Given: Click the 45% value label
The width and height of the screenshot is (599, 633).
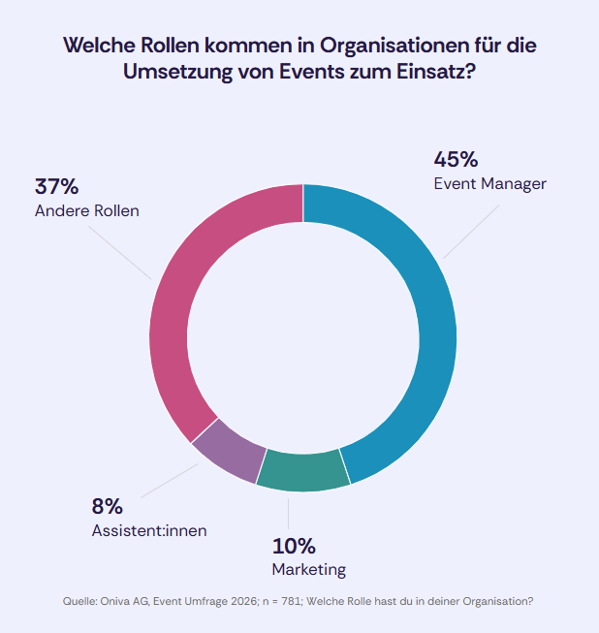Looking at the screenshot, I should click(x=456, y=159).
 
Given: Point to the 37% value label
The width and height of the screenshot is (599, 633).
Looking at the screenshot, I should click(x=56, y=186).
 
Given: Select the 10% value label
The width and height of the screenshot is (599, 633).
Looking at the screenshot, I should click(x=294, y=545).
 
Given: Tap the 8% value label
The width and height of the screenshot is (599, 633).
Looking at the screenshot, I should click(x=107, y=505).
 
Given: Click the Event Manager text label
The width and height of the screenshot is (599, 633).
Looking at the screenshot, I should click(x=490, y=183).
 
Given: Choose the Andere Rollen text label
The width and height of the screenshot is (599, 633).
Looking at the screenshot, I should click(x=86, y=210).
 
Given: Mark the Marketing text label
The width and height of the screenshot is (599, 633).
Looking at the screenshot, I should click(x=308, y=569).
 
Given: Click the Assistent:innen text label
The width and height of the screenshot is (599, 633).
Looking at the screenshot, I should click(x=149, y=530).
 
